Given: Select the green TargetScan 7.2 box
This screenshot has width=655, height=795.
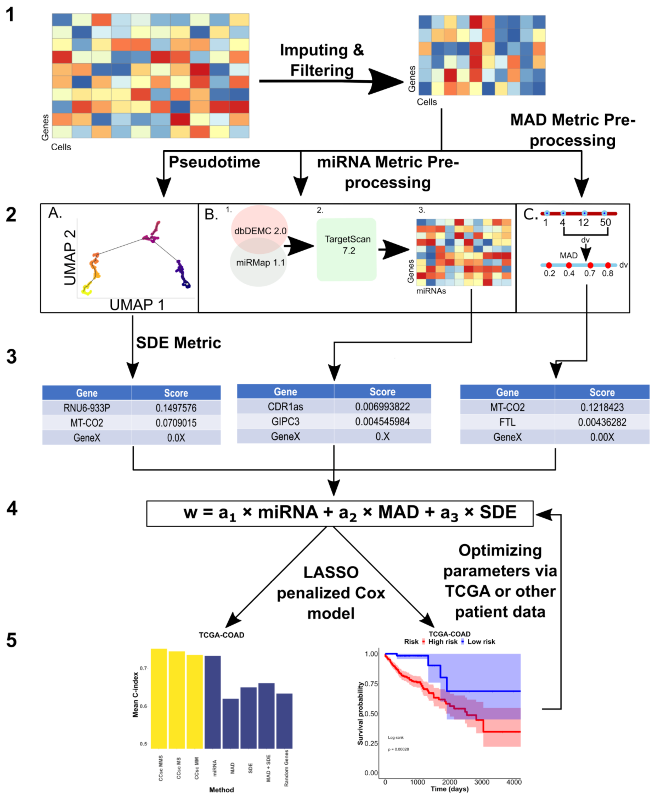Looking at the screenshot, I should [346, 249].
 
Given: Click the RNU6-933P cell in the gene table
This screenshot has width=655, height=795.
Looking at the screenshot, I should [87, 408].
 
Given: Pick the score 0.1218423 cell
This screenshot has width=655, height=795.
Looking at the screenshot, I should [602, 407].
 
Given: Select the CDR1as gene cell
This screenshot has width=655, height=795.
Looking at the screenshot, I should [285, 407].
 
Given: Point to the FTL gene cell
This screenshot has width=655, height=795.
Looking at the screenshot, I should [507, 422].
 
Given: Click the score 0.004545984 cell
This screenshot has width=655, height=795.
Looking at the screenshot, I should [382, 421].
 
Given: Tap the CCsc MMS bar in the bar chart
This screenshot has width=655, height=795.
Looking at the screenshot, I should [159, 698].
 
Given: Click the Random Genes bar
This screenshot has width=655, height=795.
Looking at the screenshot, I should [284, 720].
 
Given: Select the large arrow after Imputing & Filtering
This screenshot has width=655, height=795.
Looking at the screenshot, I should [385, 81].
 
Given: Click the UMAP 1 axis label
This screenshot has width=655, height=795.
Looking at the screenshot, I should [137, 305].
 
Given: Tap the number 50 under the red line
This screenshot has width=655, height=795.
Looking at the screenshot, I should [605, 222].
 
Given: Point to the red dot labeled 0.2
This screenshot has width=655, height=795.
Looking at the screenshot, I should [549, 265].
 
